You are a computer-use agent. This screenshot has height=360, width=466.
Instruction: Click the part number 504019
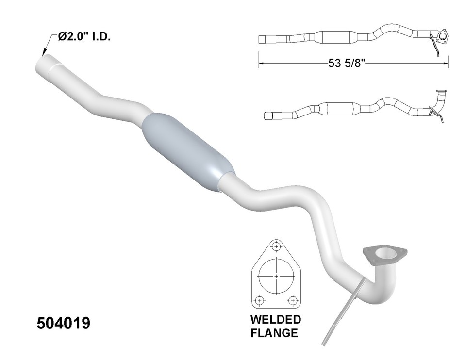click(64, 324)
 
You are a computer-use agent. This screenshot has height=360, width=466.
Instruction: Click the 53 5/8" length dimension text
click(347, 64)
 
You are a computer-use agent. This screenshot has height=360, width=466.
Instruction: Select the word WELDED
click(275, 320)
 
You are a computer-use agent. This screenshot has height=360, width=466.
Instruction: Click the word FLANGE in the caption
click(275, 333)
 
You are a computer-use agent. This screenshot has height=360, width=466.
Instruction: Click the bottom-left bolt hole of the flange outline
click(260, 299)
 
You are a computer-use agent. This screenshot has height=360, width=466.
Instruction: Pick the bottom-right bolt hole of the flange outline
click(292, 299)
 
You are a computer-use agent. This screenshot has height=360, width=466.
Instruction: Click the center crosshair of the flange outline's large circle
click(276, 277)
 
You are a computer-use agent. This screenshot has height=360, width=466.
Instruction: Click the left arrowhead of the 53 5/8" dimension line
click(260, 64)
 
